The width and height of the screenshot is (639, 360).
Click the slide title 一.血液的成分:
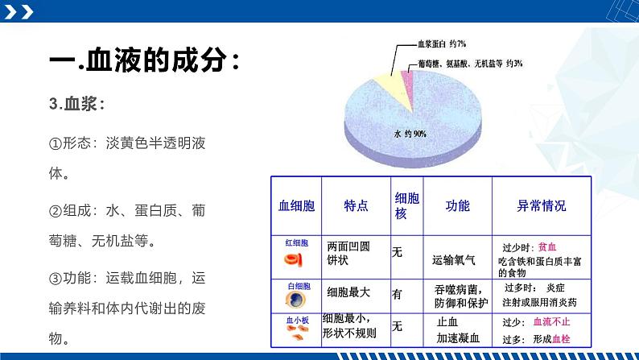coord(144,61)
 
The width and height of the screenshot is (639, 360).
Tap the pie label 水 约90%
coord(410,134)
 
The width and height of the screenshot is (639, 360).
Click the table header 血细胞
coord(296,205)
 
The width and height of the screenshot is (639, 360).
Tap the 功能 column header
coord(457,205)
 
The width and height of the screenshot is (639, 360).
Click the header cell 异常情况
coord(541,205)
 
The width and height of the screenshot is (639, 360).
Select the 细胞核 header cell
coord(406,205)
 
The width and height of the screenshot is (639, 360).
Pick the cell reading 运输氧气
coord(453,260)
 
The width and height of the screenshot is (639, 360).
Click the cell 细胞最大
coord(348,293)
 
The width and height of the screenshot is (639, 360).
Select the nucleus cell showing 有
coord(397,295)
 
